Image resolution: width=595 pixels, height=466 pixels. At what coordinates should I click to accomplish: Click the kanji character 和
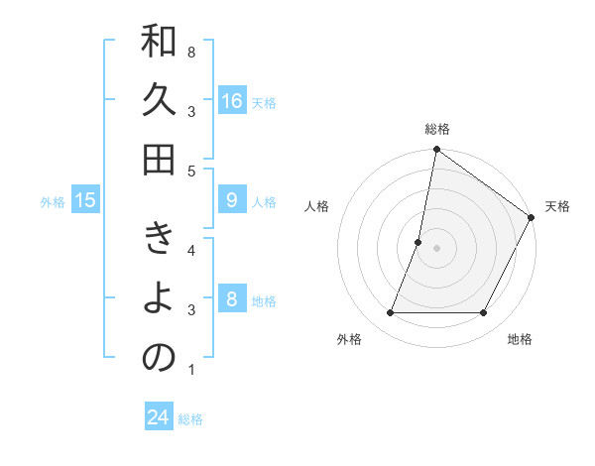pyautogui.click(x=159, y=44)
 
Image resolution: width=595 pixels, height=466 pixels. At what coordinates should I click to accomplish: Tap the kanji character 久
pyautogui.click(x=159, y=101)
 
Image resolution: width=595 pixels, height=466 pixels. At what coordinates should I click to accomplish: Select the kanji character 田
pyautogui.click(x=159, y=159)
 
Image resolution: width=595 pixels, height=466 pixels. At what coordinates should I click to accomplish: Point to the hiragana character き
pyautogui.click(x=159, y=241)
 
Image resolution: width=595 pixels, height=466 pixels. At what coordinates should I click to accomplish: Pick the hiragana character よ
pyautogui.click(x=159, y=298)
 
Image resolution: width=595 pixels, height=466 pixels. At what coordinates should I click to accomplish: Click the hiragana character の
pyautogui.click(x=159, y=357)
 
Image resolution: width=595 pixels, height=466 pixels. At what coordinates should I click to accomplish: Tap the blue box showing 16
pyautogui.click(x=232, y=101)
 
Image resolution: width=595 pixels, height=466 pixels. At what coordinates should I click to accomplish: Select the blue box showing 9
pyautogui.click(x=232, y=200)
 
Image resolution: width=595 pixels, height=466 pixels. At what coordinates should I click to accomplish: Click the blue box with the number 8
pyautogui.click(x=232, y=299)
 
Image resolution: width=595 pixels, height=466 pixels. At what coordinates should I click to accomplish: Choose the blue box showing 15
pyautogui.click(x=85, y=200)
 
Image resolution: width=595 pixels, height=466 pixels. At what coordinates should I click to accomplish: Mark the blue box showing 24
pyautogui.click(x=159, y=417)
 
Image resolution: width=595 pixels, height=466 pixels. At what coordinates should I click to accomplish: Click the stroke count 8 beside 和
pyautogui.click(x=191, y=51)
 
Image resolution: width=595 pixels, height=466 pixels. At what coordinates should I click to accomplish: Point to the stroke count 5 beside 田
pyautogui.click(x=191, y=171)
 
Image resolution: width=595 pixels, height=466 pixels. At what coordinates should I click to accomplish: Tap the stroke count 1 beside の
pyautogui.click(x=191, y=370)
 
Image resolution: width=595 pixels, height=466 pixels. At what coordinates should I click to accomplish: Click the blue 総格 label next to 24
pyautogui.click(x=190, y=419)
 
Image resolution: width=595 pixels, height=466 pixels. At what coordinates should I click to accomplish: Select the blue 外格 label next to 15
pyautogui.click(x=53, y=202)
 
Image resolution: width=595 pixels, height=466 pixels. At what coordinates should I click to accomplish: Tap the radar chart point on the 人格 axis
pyautogui.click(x=418, y=242)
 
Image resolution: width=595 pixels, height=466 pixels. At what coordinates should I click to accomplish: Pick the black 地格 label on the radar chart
pyautogui.click(x=520, y=339)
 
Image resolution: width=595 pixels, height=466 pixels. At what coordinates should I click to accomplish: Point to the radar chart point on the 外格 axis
pyautogui.click(x=390, y=313)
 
